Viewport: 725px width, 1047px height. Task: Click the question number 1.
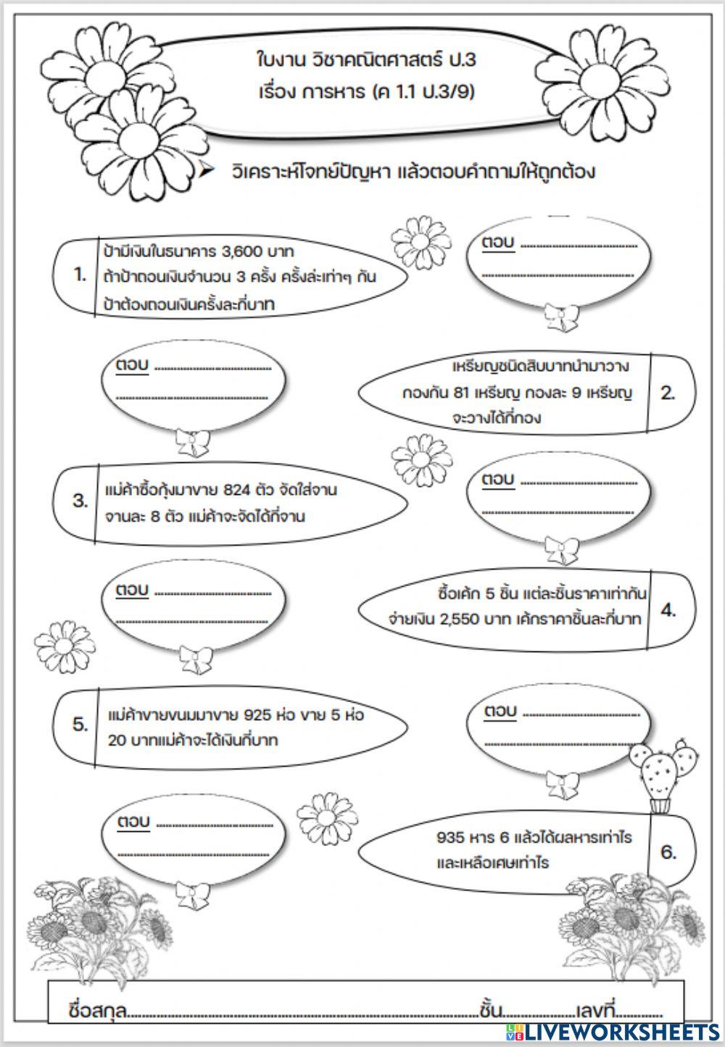pos(80,275)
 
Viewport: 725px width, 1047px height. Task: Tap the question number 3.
pos(80,501)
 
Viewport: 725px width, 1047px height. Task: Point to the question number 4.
pos(668,610)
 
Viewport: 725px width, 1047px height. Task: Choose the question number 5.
pos(80,725)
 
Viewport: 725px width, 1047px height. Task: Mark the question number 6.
pos(668,852)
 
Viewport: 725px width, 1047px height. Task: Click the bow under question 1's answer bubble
pos(561,315)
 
